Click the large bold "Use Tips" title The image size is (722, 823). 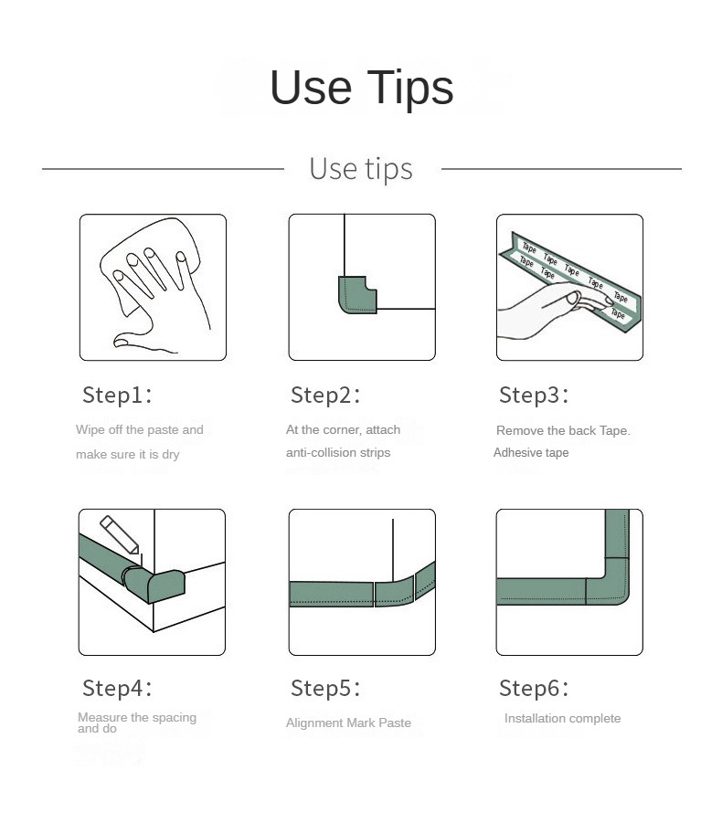(x=361, y=88)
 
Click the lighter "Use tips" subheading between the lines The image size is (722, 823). (x=361, y=169)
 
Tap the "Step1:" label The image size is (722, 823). (x=117, y=396)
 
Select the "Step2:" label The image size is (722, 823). (x=325, y=396)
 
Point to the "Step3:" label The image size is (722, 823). (x=534, y=396)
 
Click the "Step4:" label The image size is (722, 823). (x=117, y=688)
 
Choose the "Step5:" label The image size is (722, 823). (x=325, y=688)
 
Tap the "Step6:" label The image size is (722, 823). (x=534, y=688)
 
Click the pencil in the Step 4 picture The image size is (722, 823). (x=121, y=535)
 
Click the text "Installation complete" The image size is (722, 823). (x=562, y=718)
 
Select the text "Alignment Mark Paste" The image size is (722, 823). (x=348, y=723)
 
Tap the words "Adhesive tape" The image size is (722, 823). (x=531, y=452)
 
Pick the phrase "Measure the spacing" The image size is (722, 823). (x=137, y=717)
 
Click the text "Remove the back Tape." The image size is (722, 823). (x=563, y=430)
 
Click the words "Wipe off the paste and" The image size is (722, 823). (x=139, y=429)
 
